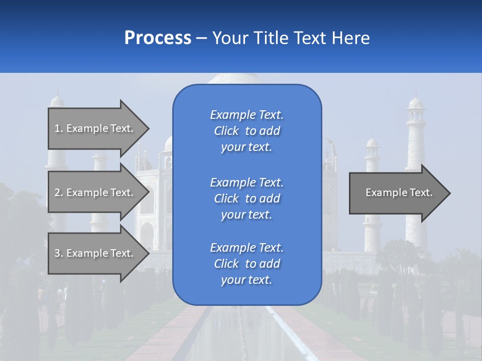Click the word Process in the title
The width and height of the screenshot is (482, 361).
(158, 38)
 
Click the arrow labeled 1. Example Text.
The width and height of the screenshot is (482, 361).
(95, 128)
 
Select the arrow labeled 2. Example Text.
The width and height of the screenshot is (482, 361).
(95, 193)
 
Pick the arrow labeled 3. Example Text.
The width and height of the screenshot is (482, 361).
(95, 253)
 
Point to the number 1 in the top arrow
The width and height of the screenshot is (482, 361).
(58, 128)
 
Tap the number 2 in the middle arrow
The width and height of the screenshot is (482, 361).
(58, 193)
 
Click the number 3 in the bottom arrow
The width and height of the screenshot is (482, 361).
(58, 253)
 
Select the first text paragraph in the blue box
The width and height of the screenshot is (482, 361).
(247, 131)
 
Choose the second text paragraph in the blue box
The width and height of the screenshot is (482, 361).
(247, 199)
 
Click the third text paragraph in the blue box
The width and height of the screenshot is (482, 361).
(247, 264)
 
